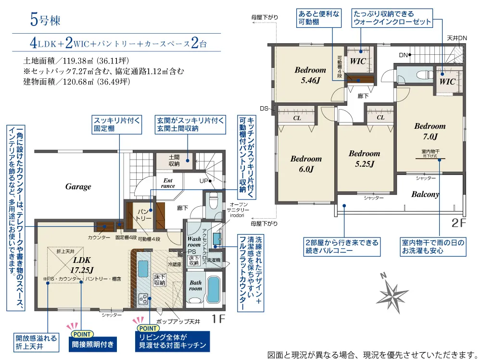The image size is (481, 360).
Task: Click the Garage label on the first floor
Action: (78, 187)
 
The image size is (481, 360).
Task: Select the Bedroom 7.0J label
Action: (430, 131)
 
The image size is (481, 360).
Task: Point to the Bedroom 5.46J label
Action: (310, 75)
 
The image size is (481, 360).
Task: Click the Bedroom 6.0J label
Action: (306, 163)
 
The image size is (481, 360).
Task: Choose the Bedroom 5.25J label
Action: (364, 158)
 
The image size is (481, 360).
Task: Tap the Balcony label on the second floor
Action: (425, 195)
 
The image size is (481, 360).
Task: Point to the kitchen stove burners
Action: (144, 298)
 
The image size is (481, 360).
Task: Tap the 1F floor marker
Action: (219, 319)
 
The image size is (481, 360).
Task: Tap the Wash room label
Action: (194, 241)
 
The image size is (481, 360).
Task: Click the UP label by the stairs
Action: (204, 181)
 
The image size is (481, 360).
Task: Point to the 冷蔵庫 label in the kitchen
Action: (174, 264)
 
